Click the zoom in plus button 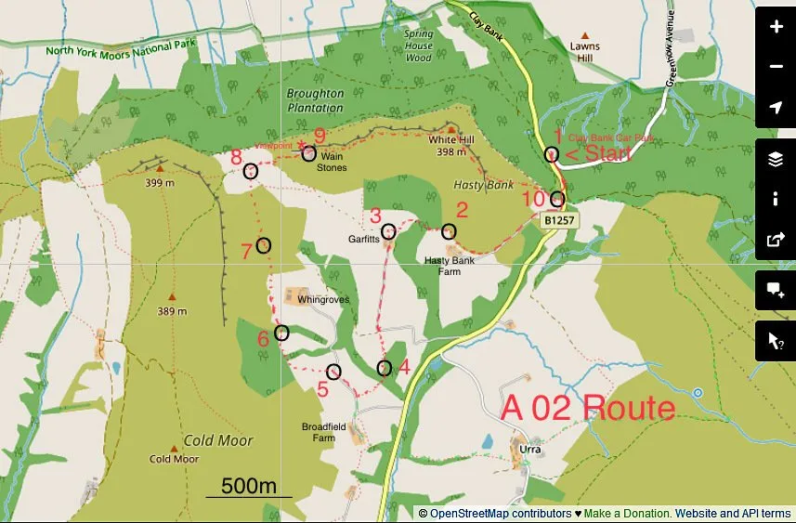[776, 27]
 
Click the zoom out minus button [776, 67]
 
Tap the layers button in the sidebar [776, 159]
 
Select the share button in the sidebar [776, 239]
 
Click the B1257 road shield [556, 221]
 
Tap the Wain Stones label [332, 162]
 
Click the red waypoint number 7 [246, 251]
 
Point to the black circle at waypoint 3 [388, 232]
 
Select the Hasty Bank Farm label [450, 266]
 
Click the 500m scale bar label [249, 486]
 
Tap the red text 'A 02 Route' [587, 409]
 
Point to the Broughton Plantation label [315, 100]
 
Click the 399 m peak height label [159, 183]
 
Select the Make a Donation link [628, 513]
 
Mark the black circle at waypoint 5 [333, 372]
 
